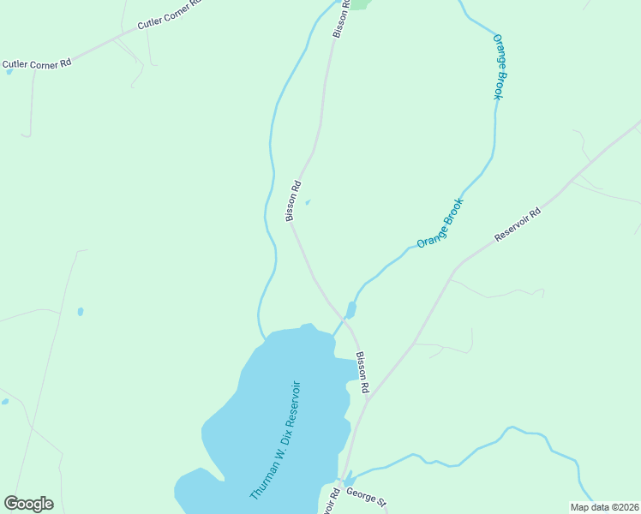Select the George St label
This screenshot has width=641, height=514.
pyautogui.click(x=367, y=496)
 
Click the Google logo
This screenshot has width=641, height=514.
pyautogui.click(x=28, y=504)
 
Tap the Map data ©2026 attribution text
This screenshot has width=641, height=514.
pyautogui.click(x=604, y=507)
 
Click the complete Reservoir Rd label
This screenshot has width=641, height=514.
pyautogui.click(x=518, y=224)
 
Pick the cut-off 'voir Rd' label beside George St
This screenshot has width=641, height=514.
pyautogui.click(x=332, y=500)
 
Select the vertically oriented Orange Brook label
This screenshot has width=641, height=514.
pyautogui.click(x=498, y=67)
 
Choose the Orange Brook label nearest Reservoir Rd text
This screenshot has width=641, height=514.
pyautogui.click(x=440, y=224)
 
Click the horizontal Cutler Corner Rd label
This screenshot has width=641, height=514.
pyautogui.click(x=37, y=64)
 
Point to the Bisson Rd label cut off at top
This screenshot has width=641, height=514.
pyautogui.click(x=341, y=17)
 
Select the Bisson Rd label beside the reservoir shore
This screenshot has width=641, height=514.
pyautogui.click(x=362, y=374)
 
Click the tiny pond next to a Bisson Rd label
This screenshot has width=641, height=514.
pyautogui.click(x=308, y=203)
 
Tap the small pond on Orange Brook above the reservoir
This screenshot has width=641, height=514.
pyautogui.click(x=350, y=309)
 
